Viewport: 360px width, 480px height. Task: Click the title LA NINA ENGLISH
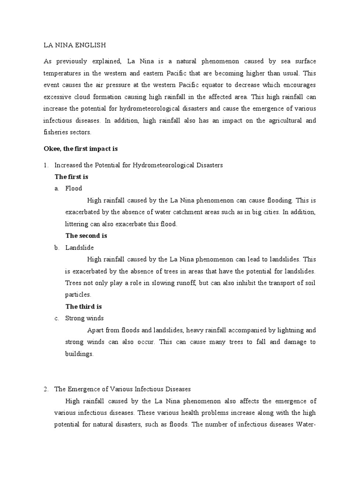point(75,45)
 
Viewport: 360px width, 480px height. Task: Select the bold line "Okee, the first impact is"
point(80,149)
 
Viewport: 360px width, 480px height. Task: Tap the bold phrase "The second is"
point(86,236)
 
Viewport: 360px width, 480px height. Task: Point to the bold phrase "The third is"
point(83,307)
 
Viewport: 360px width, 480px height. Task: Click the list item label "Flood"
point(74,188)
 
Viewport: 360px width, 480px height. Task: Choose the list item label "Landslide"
point(80,247)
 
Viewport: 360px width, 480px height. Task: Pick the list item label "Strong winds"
point(84,318)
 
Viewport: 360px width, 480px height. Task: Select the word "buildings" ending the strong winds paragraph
point(79,354)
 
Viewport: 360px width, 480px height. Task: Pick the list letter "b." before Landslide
point(57,247)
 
